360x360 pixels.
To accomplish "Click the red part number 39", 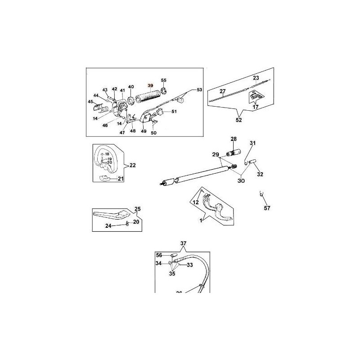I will point(150,86).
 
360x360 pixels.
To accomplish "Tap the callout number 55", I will point(164,80).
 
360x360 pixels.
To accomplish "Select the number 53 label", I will point(200,90).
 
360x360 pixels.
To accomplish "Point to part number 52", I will point(238,120).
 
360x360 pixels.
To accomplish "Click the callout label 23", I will point(256,78).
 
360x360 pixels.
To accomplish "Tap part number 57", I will point(267,208).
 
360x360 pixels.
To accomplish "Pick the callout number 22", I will point(132,166).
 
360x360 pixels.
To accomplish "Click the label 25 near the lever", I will point(138,209).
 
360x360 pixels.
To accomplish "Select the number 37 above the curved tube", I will point(183,244).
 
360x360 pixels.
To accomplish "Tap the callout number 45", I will point(90,102).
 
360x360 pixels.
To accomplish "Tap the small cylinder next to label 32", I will point(254,161).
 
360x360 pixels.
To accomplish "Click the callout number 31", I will point(252,144).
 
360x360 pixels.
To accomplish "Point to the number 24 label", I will point(121,225).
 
